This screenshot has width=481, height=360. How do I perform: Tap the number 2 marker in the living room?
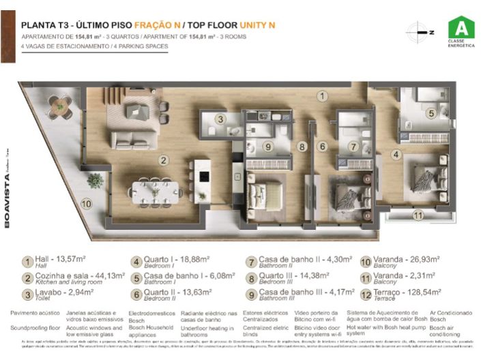[164, 161]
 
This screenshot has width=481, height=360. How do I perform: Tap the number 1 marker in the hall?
[321, 97]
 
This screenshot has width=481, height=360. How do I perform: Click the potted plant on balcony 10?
[95, 181]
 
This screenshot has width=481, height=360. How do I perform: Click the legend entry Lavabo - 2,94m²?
[57, 295]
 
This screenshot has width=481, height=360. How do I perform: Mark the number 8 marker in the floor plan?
[302, 146]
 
